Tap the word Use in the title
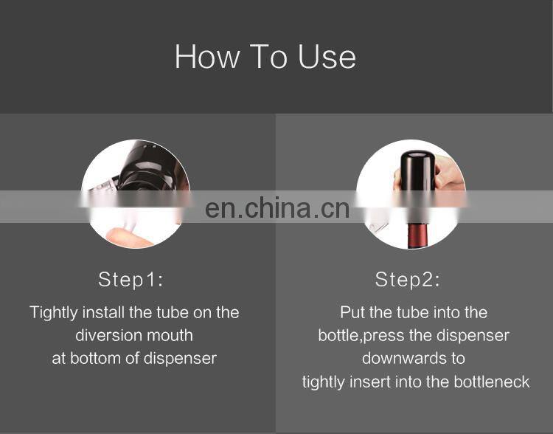point(327,57)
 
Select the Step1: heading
point(131,280)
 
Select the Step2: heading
point(408,280)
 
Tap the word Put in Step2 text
point(353,312)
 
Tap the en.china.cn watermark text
point(277,208)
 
